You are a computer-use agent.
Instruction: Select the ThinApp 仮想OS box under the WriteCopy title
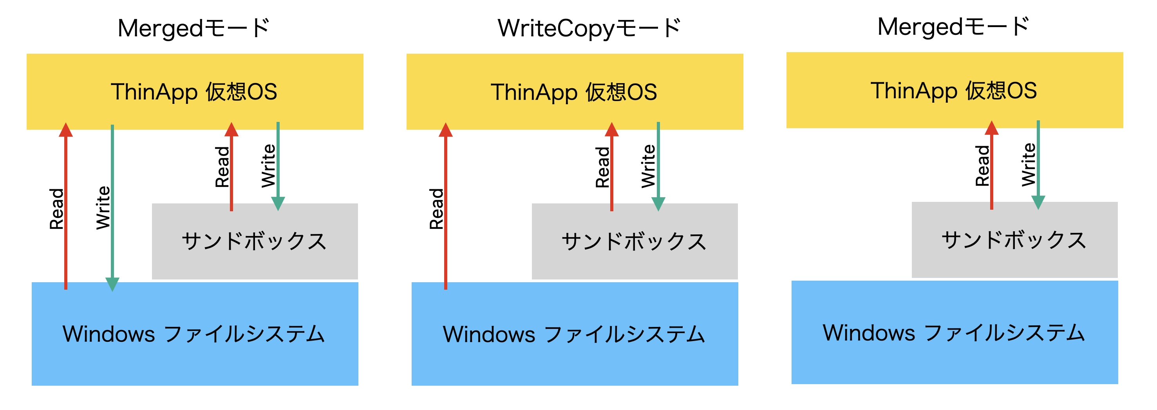(x=575, y=92)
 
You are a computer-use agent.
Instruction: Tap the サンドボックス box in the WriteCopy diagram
(x=634, y=241)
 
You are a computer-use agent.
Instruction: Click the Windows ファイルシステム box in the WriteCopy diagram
(x=575, y=334)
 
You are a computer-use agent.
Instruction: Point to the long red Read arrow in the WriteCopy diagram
(x=446, y=207)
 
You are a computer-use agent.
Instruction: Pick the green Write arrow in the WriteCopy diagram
(x=658, y=166)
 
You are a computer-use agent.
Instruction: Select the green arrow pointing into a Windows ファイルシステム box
(x=112, y=207)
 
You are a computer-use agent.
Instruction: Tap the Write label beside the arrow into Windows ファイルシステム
(x=103, y=208)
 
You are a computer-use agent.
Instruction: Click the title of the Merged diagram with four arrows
(x=193, y=28)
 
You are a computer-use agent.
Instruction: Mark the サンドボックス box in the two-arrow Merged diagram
(x=1014, y=240)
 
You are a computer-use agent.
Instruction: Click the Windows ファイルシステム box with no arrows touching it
(x=955, y=332)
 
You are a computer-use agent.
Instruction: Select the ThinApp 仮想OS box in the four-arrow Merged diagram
(x=195, y=92)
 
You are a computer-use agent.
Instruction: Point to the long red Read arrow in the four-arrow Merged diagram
(x=65, y=207)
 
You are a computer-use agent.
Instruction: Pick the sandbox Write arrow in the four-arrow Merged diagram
(x=278, y=166)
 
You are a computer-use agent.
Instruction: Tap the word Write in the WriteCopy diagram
(x=648, y=166)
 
